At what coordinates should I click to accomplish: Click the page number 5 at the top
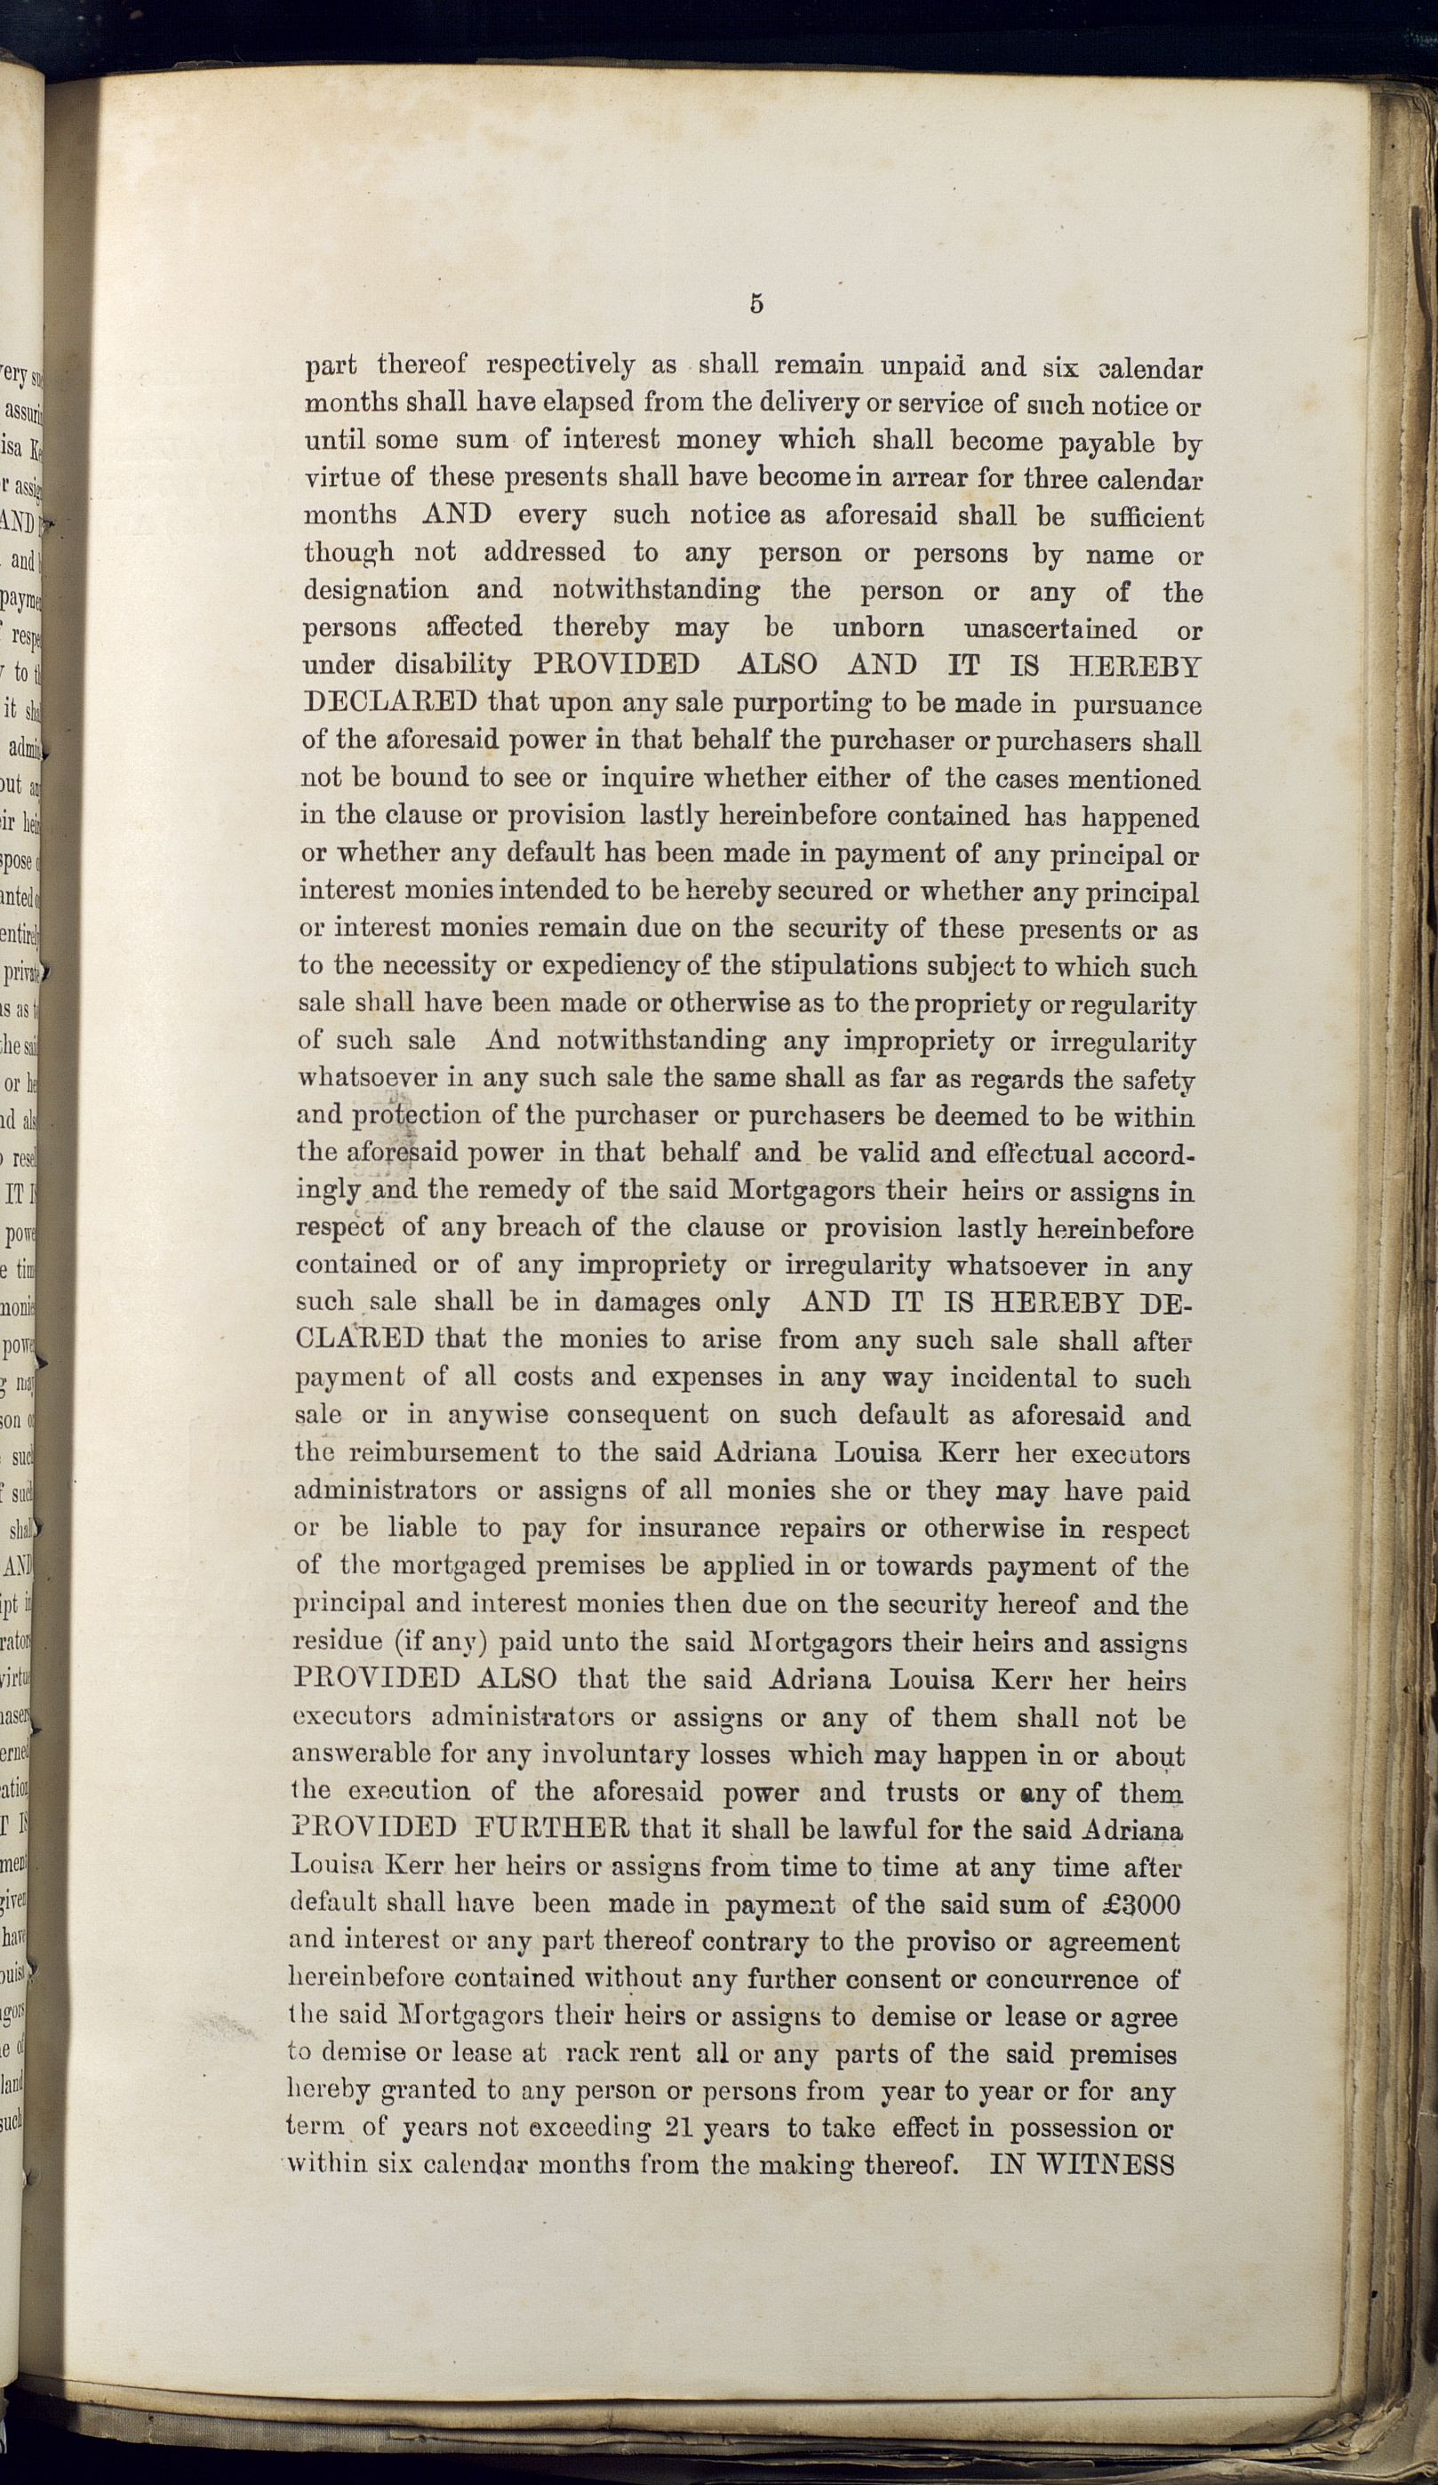[x=755, y=304]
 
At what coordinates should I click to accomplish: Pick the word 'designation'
[x=375, y=591]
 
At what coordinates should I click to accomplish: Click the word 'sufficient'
[x=1146, y=516]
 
